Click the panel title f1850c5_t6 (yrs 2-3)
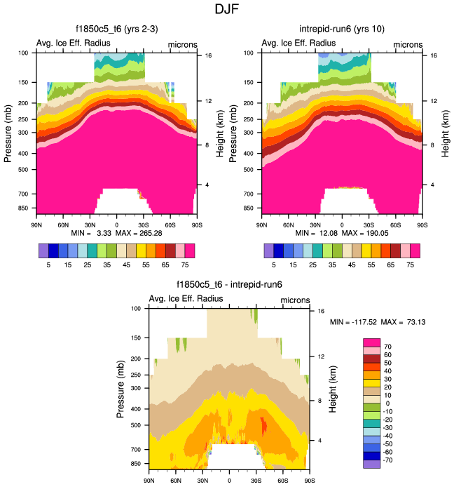coord(116,29)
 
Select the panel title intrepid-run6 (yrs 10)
coord(341,29)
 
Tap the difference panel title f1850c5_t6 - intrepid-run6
coord(228,286)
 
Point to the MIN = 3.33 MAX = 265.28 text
coord(116,232)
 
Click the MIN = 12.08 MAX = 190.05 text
coord(341,232)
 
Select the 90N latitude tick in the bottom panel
coord(149,481)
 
